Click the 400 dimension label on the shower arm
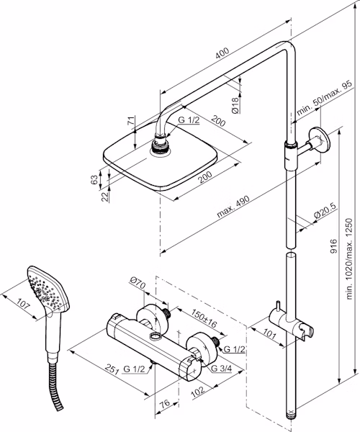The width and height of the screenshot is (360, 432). pyautogui.click(x=222, y=53)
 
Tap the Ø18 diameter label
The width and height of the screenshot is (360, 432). pyautogui.click(x=235, y=105)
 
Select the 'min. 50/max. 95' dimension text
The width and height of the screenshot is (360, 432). pyautogui.click(x=324, y=99)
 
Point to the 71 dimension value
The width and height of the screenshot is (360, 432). pyautogui.click(x=132, y=121)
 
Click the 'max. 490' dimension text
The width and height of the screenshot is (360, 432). pyautogui.click(x=233, y=207)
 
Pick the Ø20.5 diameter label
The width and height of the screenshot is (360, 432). pyautogui.click(x=325, y=211)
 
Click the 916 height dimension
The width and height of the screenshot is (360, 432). pyautogui.click(x=333, y=246)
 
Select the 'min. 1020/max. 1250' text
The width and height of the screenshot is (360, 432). pyautogui.click(x=349, y=258)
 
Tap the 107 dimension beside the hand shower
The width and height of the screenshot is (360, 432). pyautogui.click(x=24, y=305)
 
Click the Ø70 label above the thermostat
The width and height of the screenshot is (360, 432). pyautogui.click(x=138, y=284)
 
